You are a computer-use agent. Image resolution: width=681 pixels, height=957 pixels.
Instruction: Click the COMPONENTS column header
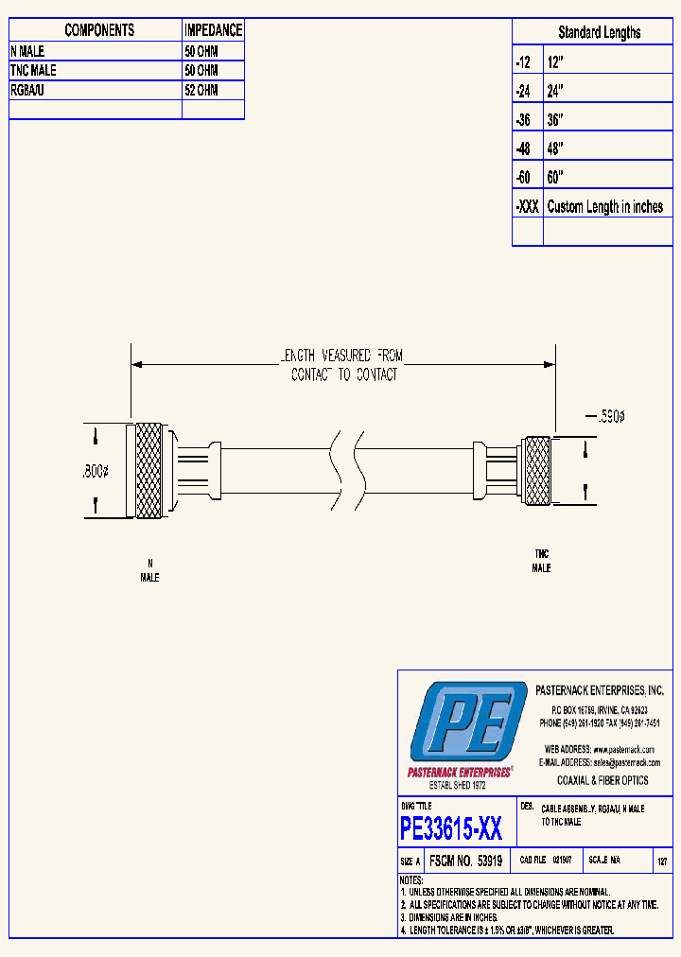[98, 30]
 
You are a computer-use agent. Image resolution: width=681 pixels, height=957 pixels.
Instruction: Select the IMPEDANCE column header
[213, 30]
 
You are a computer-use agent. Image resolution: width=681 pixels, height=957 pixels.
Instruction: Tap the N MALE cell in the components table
[27, 51]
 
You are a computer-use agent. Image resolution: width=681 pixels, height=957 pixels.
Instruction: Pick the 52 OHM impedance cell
[201, 90]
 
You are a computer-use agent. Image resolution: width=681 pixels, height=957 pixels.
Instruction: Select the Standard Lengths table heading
[598, 32]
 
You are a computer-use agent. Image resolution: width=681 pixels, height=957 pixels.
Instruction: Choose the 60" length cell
[556, 178]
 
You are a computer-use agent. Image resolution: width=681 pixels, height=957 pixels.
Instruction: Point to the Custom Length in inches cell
[604, 206]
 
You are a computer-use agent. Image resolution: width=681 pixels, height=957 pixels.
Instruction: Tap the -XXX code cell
[527, 206]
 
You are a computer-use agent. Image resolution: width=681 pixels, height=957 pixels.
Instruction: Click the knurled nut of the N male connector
[148, 470]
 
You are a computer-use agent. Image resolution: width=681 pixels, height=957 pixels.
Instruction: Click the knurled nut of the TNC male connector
[537, 471]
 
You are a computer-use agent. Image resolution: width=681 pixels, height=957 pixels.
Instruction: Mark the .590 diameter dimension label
[607, 416]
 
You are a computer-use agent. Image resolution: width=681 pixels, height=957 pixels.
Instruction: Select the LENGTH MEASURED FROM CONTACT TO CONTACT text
[343, 365]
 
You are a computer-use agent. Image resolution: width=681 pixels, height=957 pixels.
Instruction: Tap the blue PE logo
[468, 722]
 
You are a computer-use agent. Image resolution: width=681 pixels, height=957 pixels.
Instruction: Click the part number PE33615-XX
[451, 829]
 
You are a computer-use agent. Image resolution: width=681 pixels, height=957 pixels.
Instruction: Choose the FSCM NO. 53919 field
[464, 861]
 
